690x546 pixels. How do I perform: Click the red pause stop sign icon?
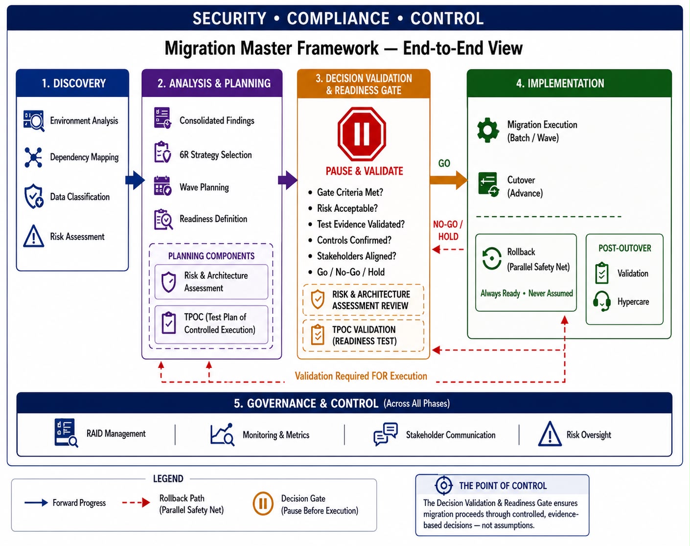click(x=361, y=134)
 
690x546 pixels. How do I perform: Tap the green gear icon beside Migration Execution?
click(x=487, y=130)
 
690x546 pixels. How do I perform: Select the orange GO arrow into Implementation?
click(x=448, y=180)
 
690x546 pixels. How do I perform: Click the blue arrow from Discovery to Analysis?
click(x=135, y=180)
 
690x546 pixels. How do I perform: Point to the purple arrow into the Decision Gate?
click(x=288, y=180)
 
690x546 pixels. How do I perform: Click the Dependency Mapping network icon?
click(x=33, y=157)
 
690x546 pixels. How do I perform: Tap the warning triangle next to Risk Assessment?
click(x=33, y=236)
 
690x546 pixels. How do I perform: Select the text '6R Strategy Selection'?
click(x=215, y=155)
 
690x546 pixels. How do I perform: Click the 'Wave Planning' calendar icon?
click(x=162, y=186)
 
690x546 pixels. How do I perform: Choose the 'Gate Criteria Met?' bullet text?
click(x=350, y=192)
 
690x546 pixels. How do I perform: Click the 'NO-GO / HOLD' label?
click(x=448, y=230)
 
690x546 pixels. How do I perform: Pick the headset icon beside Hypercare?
click(x=601, y=301)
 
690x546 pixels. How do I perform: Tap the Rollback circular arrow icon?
click(x=491, y=258)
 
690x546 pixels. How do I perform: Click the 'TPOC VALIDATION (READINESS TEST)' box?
click(x=363, y=335)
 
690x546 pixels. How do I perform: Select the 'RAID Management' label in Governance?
click(x=116, y=433)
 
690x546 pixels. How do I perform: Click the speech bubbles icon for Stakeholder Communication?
click(x=386, y=434)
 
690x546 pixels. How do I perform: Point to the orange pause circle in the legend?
click(x=263, y=503)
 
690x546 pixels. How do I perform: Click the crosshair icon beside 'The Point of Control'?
click(x=443, y=485)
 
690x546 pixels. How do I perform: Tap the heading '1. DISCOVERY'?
click(x=74, y=83)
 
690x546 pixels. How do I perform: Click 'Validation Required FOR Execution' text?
click(x=361, y=376)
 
